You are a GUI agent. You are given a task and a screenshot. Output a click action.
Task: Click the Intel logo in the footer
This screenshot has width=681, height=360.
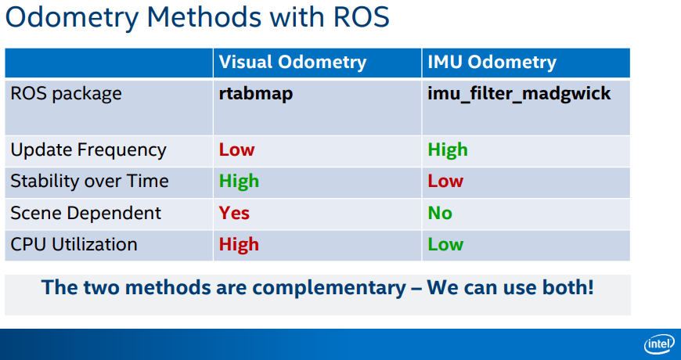[659, 344]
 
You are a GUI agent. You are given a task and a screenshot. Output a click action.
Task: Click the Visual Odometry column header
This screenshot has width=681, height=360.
[293, 63]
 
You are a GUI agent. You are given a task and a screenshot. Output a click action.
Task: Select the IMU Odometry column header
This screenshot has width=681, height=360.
[492, 63]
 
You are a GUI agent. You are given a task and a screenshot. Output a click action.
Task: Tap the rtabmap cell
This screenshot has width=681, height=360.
[256, 94]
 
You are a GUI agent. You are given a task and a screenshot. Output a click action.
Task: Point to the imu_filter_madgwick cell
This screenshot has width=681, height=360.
[520, 94]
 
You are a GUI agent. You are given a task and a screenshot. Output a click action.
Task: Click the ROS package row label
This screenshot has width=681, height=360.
[66, 94]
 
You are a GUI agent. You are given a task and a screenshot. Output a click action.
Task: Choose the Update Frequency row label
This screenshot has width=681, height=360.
[88, 150]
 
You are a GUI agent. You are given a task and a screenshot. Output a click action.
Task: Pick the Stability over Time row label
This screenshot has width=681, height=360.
[89, 181]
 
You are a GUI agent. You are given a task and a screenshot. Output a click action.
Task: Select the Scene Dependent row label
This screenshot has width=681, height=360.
[85, 213]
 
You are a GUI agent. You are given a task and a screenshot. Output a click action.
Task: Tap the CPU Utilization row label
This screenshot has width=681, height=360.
[74, 244]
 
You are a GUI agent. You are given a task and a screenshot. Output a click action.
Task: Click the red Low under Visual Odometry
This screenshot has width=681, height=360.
[236, 150]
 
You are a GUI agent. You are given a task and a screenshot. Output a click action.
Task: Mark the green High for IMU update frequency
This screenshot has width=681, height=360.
[448, 150]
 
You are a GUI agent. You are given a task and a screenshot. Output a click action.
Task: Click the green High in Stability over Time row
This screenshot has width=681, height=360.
[239, 181]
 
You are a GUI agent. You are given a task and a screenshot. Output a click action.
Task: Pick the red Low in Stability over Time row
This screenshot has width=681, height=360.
[445, 181]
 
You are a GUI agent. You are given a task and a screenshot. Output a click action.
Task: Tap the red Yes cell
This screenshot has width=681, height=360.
[234, 213]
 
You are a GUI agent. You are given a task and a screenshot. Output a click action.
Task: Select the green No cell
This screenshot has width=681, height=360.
[440, 213]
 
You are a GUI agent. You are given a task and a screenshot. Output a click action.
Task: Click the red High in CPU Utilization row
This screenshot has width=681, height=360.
[239, 244]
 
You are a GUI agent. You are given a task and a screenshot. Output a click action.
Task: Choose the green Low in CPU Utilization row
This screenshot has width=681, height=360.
[445, 244]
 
